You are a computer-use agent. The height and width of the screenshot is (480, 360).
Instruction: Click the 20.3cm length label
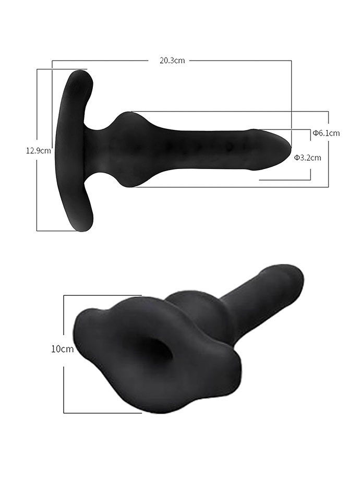click(172, 60)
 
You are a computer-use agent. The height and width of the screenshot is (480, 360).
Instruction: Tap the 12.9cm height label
click(39, 151)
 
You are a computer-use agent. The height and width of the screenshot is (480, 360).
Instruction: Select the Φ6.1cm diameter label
click(326, 133)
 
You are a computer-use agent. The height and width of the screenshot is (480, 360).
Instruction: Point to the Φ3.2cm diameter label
click(307, 157)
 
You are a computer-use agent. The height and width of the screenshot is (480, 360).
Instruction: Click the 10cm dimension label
click(62, 349)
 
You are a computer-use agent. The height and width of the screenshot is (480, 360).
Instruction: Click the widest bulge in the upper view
click(128, 148)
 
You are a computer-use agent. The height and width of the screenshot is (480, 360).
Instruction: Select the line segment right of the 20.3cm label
click(240, 61)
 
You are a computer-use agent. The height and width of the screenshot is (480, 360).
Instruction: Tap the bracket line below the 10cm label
click(64, 389)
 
